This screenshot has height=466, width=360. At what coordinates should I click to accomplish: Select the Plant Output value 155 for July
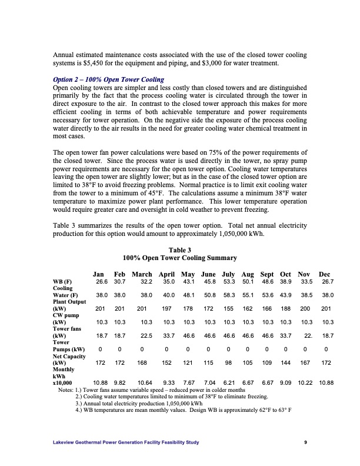click(229, 308)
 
